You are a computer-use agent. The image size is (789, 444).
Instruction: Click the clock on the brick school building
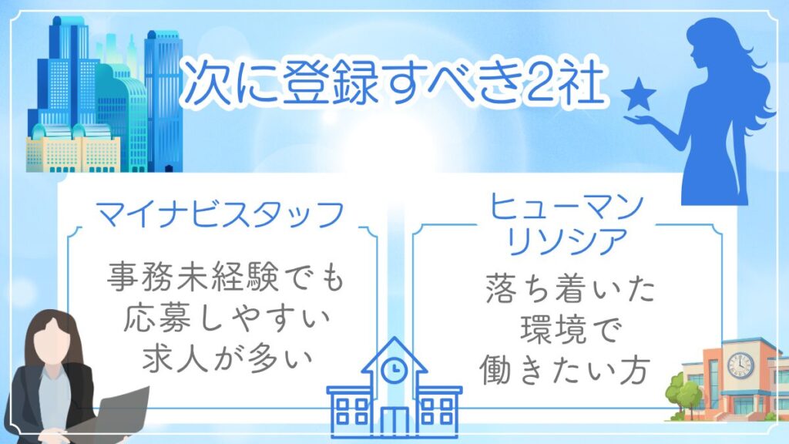point(740,364)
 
